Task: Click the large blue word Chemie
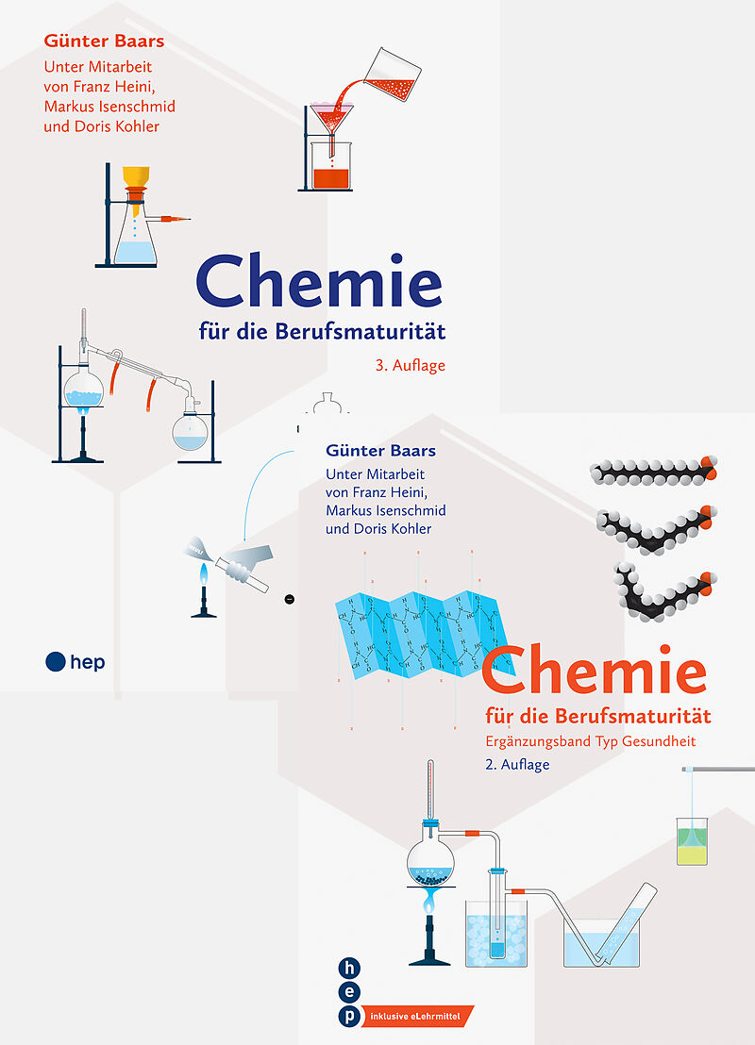pos(318,284)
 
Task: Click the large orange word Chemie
pos(595,671)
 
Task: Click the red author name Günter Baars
pos(105,41)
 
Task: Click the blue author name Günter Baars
pos(380,451)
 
